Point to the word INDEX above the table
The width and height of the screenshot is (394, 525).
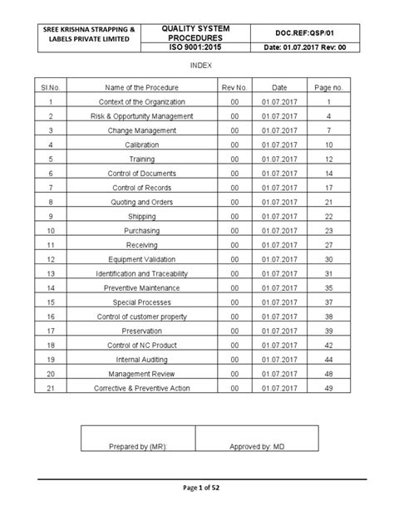point(198,65)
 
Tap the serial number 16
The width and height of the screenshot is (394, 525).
point(51,316)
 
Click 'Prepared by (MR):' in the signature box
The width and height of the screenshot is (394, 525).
point(138,446)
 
